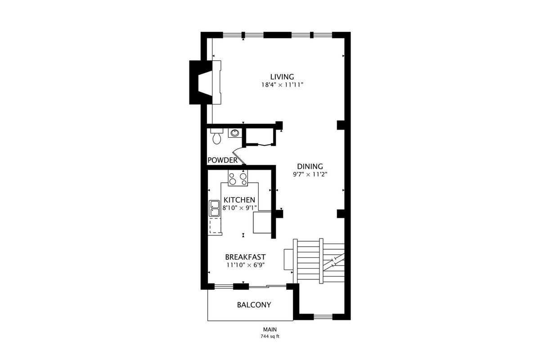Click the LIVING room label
pyautogui.click(x=282, y=77)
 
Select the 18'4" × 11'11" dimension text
pyautogui.click(x=282, y=85)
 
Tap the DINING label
pyautogui.click(x=310, y=166)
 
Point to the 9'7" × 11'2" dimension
pyautogui.click(x=310, y=174)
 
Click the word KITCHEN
pyautogui.click(x=239, y=200)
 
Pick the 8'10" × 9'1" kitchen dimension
pyautogui.click(x=239, y=208)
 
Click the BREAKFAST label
pyautogui.click(x=245, y=257)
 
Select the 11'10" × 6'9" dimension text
pyautogui.click(x=245, y=265)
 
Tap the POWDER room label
pyautogui.click(x=222, y=160)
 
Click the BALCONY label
pyautogui.click(x=254, y=305)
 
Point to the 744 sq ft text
pyautogui.click(x=270, y=336)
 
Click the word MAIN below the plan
pyautogui.click(x=270, y=329)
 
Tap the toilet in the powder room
pyautogui.click(x=217, y=136)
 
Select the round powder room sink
pyautogui.click(x=234, y=133)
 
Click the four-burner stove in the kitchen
pyautogui.click(x=238, y=178)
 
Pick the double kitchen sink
pyautogui.click(x=214, y=208)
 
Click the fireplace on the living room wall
pyautogui.click(x=205, y=82)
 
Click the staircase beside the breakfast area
pyautogui.click(x=319, y=261)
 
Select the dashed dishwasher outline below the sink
pyautogui.click(x=215, y=226)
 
